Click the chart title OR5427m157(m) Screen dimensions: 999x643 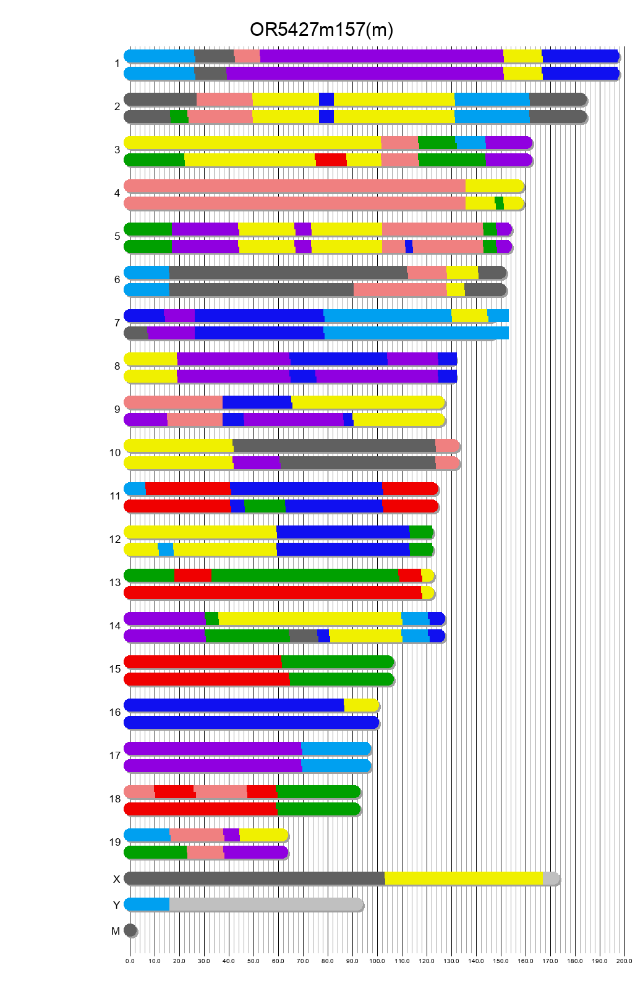321,29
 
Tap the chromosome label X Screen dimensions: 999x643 116,879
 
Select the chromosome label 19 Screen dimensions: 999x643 115,842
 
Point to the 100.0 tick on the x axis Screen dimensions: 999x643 377,961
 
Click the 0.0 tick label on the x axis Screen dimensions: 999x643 130,961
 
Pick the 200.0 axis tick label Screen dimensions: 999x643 624,961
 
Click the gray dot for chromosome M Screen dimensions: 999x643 130,930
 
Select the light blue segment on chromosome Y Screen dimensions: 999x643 147,904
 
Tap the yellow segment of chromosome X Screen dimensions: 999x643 464,878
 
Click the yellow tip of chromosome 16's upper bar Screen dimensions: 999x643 360,705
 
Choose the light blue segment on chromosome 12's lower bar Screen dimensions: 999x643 166,550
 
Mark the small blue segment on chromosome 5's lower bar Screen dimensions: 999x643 409,247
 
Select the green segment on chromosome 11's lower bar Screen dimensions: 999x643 265,506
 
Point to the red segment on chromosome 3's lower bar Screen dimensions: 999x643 331,160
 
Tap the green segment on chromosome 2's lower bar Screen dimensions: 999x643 179,117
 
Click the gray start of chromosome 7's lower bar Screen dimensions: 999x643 136,333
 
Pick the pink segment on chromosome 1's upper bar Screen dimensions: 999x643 247,56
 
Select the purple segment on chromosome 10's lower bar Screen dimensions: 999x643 256,463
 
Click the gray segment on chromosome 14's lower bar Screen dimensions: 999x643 303,636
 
